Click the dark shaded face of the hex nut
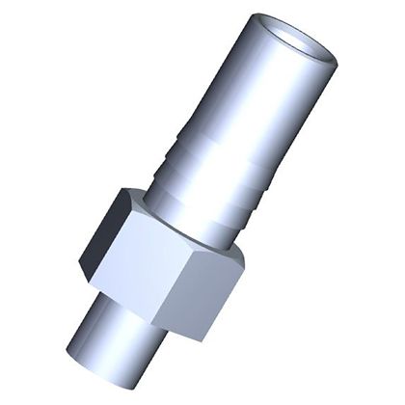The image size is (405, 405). click(104, 236)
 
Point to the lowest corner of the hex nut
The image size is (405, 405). click(203, 340)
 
